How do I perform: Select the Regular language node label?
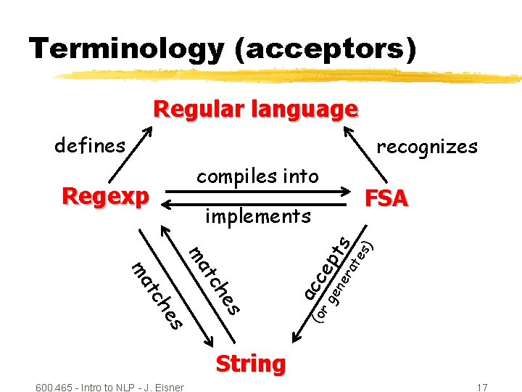click(x=255, y=110)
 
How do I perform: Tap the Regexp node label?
click(x=106, y=196)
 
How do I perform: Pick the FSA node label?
click(x=386, y=198)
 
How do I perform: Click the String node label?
click(x=250, y=363)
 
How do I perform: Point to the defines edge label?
click(x=90, y=146)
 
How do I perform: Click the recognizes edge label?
click(x=427, y=147)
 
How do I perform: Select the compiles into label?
click(x=257, y=176)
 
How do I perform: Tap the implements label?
click(x=257, y=216)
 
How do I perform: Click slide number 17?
click(x=482, y=387)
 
